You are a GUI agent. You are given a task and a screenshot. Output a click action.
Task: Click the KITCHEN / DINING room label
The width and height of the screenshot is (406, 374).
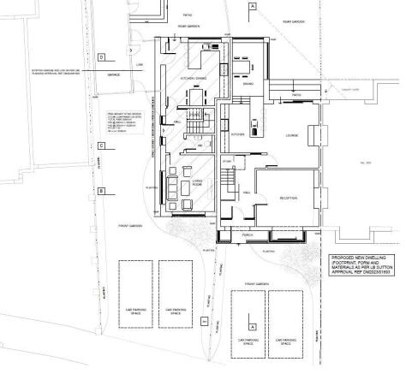[190, 78]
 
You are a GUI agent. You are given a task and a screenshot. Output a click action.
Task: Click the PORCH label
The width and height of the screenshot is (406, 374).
[247, 233]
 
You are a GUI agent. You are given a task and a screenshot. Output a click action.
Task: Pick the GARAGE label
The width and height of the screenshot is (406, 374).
[114, 74]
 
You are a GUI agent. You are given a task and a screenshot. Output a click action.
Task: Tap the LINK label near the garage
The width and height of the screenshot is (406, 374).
[140, 62]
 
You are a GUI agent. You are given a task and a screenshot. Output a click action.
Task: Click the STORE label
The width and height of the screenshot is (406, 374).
[228, 160]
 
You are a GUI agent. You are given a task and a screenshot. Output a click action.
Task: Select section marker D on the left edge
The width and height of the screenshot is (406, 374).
[101, 57]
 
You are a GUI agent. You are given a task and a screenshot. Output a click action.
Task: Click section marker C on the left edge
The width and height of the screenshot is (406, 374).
[101, 146]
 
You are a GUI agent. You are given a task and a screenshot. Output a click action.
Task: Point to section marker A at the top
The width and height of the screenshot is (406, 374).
[252, 7]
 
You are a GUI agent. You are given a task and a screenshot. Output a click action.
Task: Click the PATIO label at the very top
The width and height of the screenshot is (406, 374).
[188, 15]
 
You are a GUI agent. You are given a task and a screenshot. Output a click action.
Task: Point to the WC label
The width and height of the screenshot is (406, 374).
[200, 146]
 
